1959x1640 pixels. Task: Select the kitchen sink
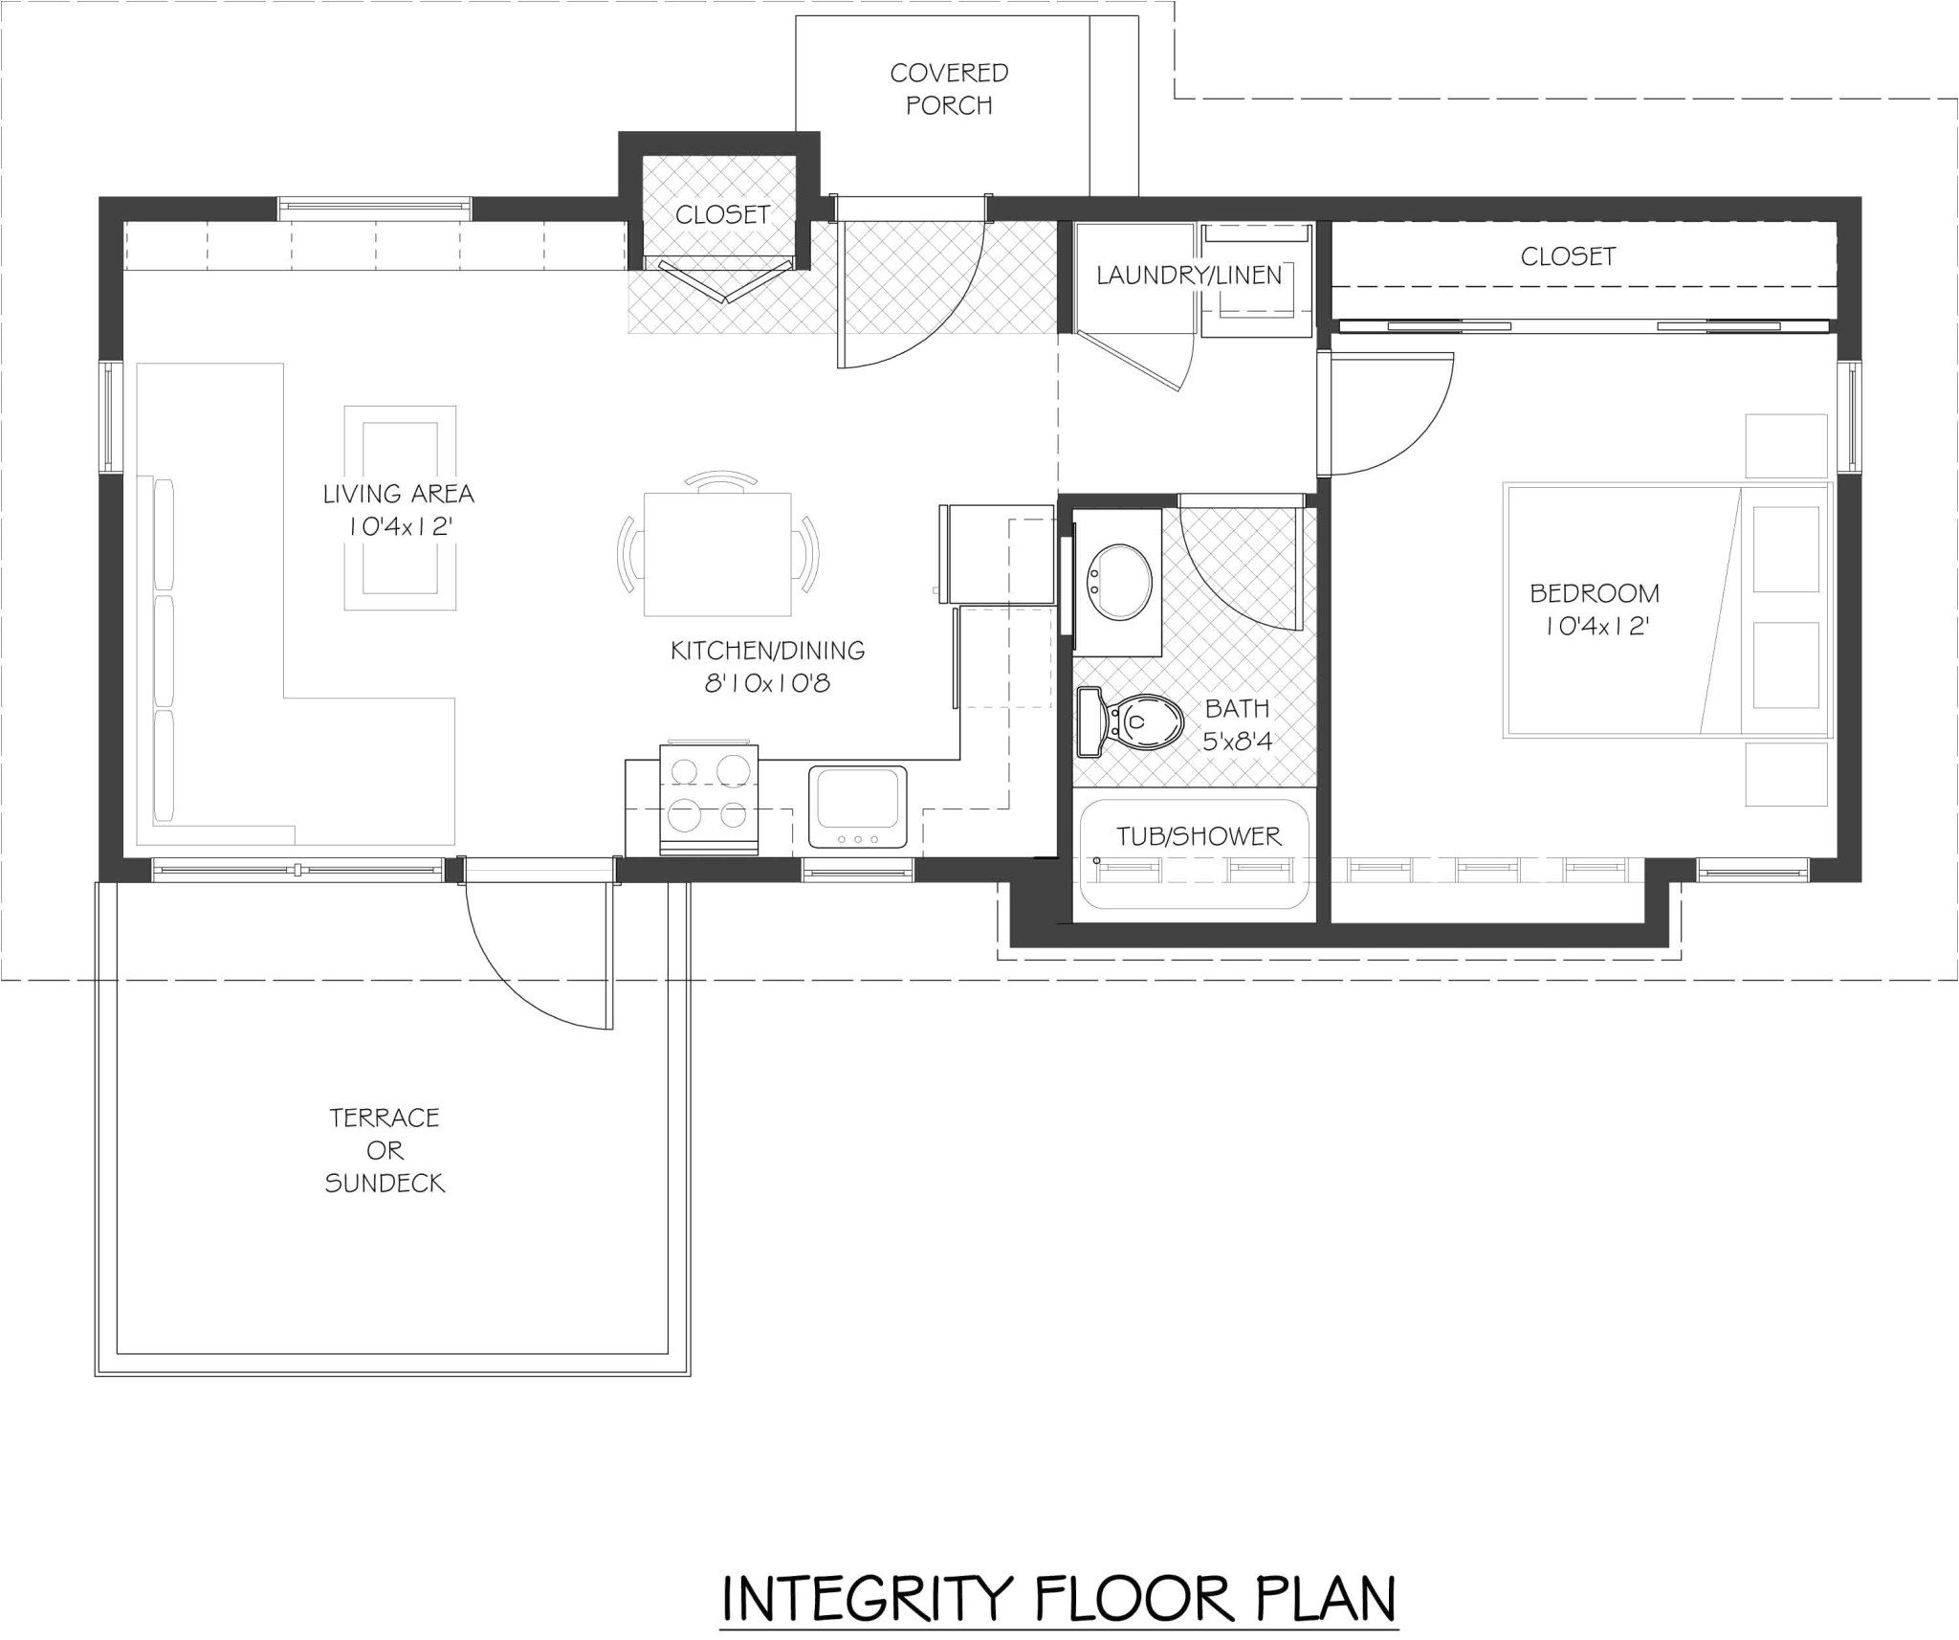858,807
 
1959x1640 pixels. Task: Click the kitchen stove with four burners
709,799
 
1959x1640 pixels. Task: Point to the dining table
717,554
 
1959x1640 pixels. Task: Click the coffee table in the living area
400,507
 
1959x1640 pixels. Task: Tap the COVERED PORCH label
949,89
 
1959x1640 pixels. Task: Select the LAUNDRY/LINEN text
1189,276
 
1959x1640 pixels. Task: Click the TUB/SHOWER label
1199,836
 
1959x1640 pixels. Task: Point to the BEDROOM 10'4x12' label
1595,609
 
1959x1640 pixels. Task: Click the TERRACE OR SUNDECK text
385,1150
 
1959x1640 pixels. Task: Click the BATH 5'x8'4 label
1238,724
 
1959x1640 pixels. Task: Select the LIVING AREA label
398,494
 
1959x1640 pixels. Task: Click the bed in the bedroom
1666,609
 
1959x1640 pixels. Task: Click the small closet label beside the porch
722,214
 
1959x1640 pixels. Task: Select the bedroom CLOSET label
1568,256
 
